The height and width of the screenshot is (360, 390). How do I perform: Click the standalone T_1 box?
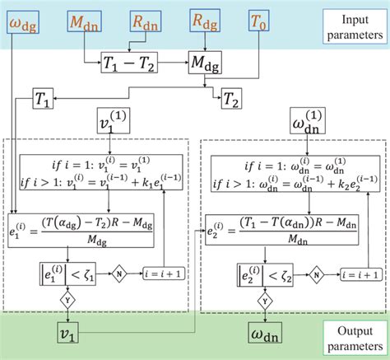(x=44, y=98)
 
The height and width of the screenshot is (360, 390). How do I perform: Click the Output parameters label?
(x=348, y=335)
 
